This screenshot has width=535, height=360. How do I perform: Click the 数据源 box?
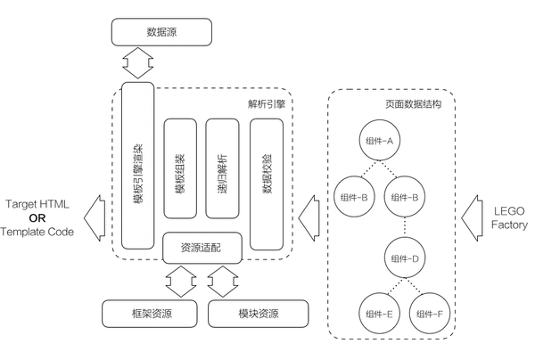point(161,32)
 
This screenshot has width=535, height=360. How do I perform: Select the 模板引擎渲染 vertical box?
point(138,166)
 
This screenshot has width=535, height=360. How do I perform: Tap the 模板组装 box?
point(180,168)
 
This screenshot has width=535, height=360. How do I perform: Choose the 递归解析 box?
point(222,168)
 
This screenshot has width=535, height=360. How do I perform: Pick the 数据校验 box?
point(267,184)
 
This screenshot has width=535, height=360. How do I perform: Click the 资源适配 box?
point(202,248)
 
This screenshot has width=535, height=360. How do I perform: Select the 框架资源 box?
point(150,314)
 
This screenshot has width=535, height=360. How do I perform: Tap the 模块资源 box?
point(258,314)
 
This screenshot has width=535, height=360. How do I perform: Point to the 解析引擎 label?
point(267,104)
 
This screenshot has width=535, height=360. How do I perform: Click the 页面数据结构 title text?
point(413,104)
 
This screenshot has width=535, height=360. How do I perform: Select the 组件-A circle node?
point(380,140)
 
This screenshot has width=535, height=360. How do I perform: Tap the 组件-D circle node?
point(405,258)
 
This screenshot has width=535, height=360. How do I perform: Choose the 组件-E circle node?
point(380,314)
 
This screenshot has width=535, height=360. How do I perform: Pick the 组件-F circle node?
point(430,314)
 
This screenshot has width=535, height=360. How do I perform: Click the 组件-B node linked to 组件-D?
point(405,197)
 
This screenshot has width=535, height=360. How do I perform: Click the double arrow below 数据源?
point(138,63)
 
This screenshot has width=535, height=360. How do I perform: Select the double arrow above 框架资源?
point(181,282)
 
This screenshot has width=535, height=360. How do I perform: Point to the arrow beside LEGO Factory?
point(473,218)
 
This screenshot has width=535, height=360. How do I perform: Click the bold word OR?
point(37,217)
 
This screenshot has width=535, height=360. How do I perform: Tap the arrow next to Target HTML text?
point(95,218)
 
